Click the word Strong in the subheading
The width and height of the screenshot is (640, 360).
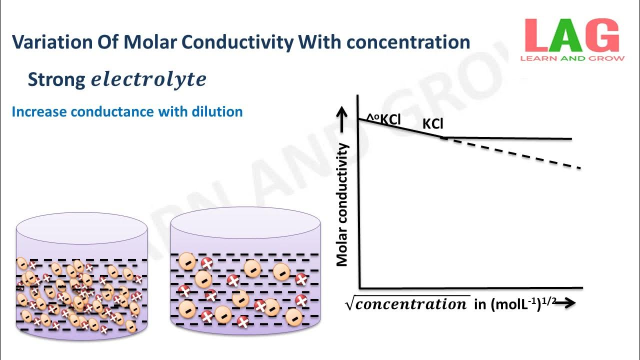coord(56,79)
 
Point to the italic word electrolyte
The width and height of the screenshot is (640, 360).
coord(148,79)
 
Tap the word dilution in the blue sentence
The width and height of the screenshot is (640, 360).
coord(217,111)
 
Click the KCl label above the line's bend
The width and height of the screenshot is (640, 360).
coord(433,123)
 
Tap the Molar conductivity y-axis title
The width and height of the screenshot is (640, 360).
coord(342,204)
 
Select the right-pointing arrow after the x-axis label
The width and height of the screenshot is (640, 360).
coord(564,303)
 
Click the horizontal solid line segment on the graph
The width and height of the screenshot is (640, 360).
coord(507,138)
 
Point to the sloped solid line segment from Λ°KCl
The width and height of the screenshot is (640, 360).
coord(400,128)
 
